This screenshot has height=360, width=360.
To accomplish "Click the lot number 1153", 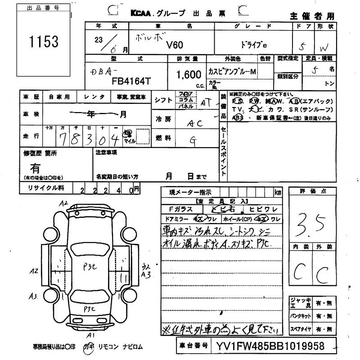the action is point(44,42).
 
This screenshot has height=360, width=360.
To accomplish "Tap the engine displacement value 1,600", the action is point(183,73).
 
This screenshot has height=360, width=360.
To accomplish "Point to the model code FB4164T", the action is point(125,79).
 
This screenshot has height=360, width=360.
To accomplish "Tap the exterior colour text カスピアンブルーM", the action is point(231,72).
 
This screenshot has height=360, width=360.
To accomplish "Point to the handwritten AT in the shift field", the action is point(206,102).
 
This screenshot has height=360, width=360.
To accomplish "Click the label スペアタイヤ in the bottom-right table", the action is point(300,330).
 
